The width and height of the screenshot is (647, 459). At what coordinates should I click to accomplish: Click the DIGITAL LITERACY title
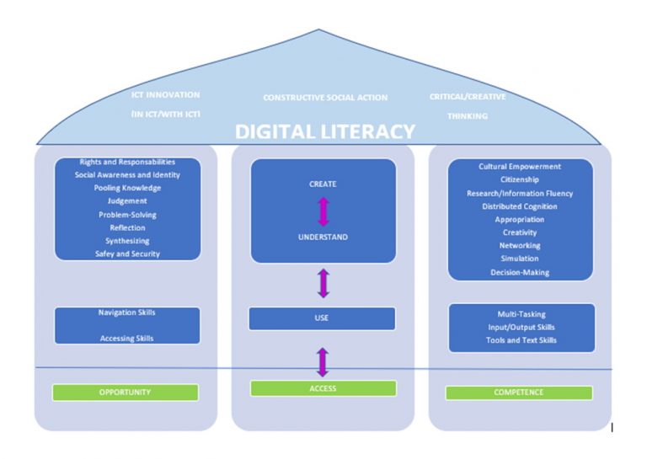pos(324,132)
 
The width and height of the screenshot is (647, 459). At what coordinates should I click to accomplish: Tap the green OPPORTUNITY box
pos(126,392)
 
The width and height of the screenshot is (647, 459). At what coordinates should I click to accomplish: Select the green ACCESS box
pos(323,388)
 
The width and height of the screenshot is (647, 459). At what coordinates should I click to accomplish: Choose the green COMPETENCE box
pos(518,392)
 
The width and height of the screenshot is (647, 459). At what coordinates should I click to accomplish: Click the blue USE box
pos(322,318)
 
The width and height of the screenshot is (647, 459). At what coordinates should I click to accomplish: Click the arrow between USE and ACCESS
pos(323,361)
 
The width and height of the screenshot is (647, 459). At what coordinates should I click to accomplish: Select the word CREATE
pos(323,184)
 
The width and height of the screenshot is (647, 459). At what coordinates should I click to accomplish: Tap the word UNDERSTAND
pos(323,238)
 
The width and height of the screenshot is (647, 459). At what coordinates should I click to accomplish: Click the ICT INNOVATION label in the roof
pos(166,95)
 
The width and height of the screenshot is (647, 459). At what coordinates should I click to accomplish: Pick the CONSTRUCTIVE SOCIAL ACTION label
pos(325,98)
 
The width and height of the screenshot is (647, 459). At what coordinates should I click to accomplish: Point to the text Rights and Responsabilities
pos(127,162)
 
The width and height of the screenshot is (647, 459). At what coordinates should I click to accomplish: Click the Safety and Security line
pos(127,254)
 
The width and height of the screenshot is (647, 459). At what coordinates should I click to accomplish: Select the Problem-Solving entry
pos(127,215)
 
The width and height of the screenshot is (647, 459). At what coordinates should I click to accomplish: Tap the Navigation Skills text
pos(127,312)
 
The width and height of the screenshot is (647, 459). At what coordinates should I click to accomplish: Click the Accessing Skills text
pos(127,339)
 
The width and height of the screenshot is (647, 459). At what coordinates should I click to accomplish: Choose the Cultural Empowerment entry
pos(520,167)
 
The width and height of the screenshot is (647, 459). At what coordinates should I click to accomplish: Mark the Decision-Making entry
pos(520,272)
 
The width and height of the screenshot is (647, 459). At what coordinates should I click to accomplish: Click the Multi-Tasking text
pos(521,313)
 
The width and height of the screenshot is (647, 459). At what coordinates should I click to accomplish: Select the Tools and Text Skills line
pos(521,340)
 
